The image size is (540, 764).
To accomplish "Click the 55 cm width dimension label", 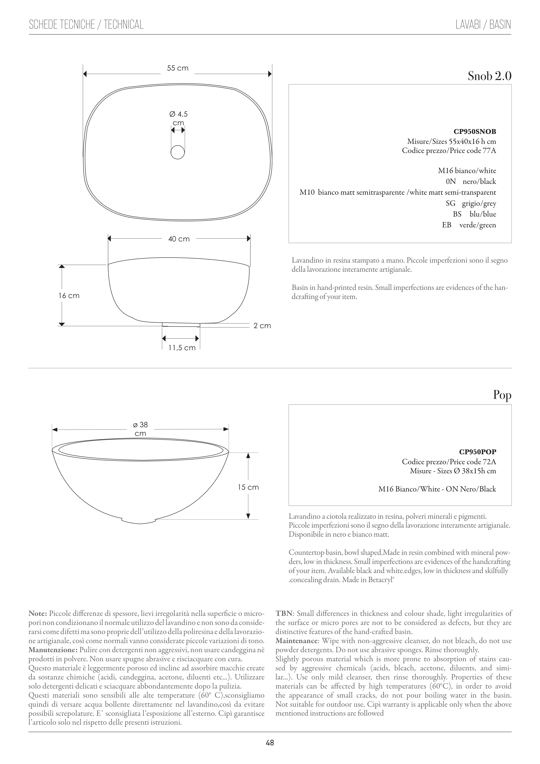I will (x=178, y=68).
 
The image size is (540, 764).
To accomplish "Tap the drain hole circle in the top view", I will (x=178, y=152).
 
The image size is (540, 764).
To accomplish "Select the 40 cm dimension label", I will (x=179, y=239).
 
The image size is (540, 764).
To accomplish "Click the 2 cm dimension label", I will (x=262, y=326).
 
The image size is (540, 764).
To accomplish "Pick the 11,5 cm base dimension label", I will (x=182, y=348).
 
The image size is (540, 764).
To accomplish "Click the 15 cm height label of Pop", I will (x=248, y=488).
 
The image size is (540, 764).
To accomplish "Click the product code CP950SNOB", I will (x=475, y=132).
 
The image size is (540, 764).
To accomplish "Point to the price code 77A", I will (x=489, y=151).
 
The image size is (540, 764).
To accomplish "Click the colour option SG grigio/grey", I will (x=471, y=203).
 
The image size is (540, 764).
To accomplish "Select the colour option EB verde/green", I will (x=469, y=225).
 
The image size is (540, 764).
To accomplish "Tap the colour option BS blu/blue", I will (x=474, y=214).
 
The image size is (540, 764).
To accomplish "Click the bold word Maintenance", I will (x=297, y=641).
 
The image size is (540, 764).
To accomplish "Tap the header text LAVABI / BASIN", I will (x=483, y=25).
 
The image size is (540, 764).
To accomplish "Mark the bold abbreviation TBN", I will (x=284, y=613).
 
